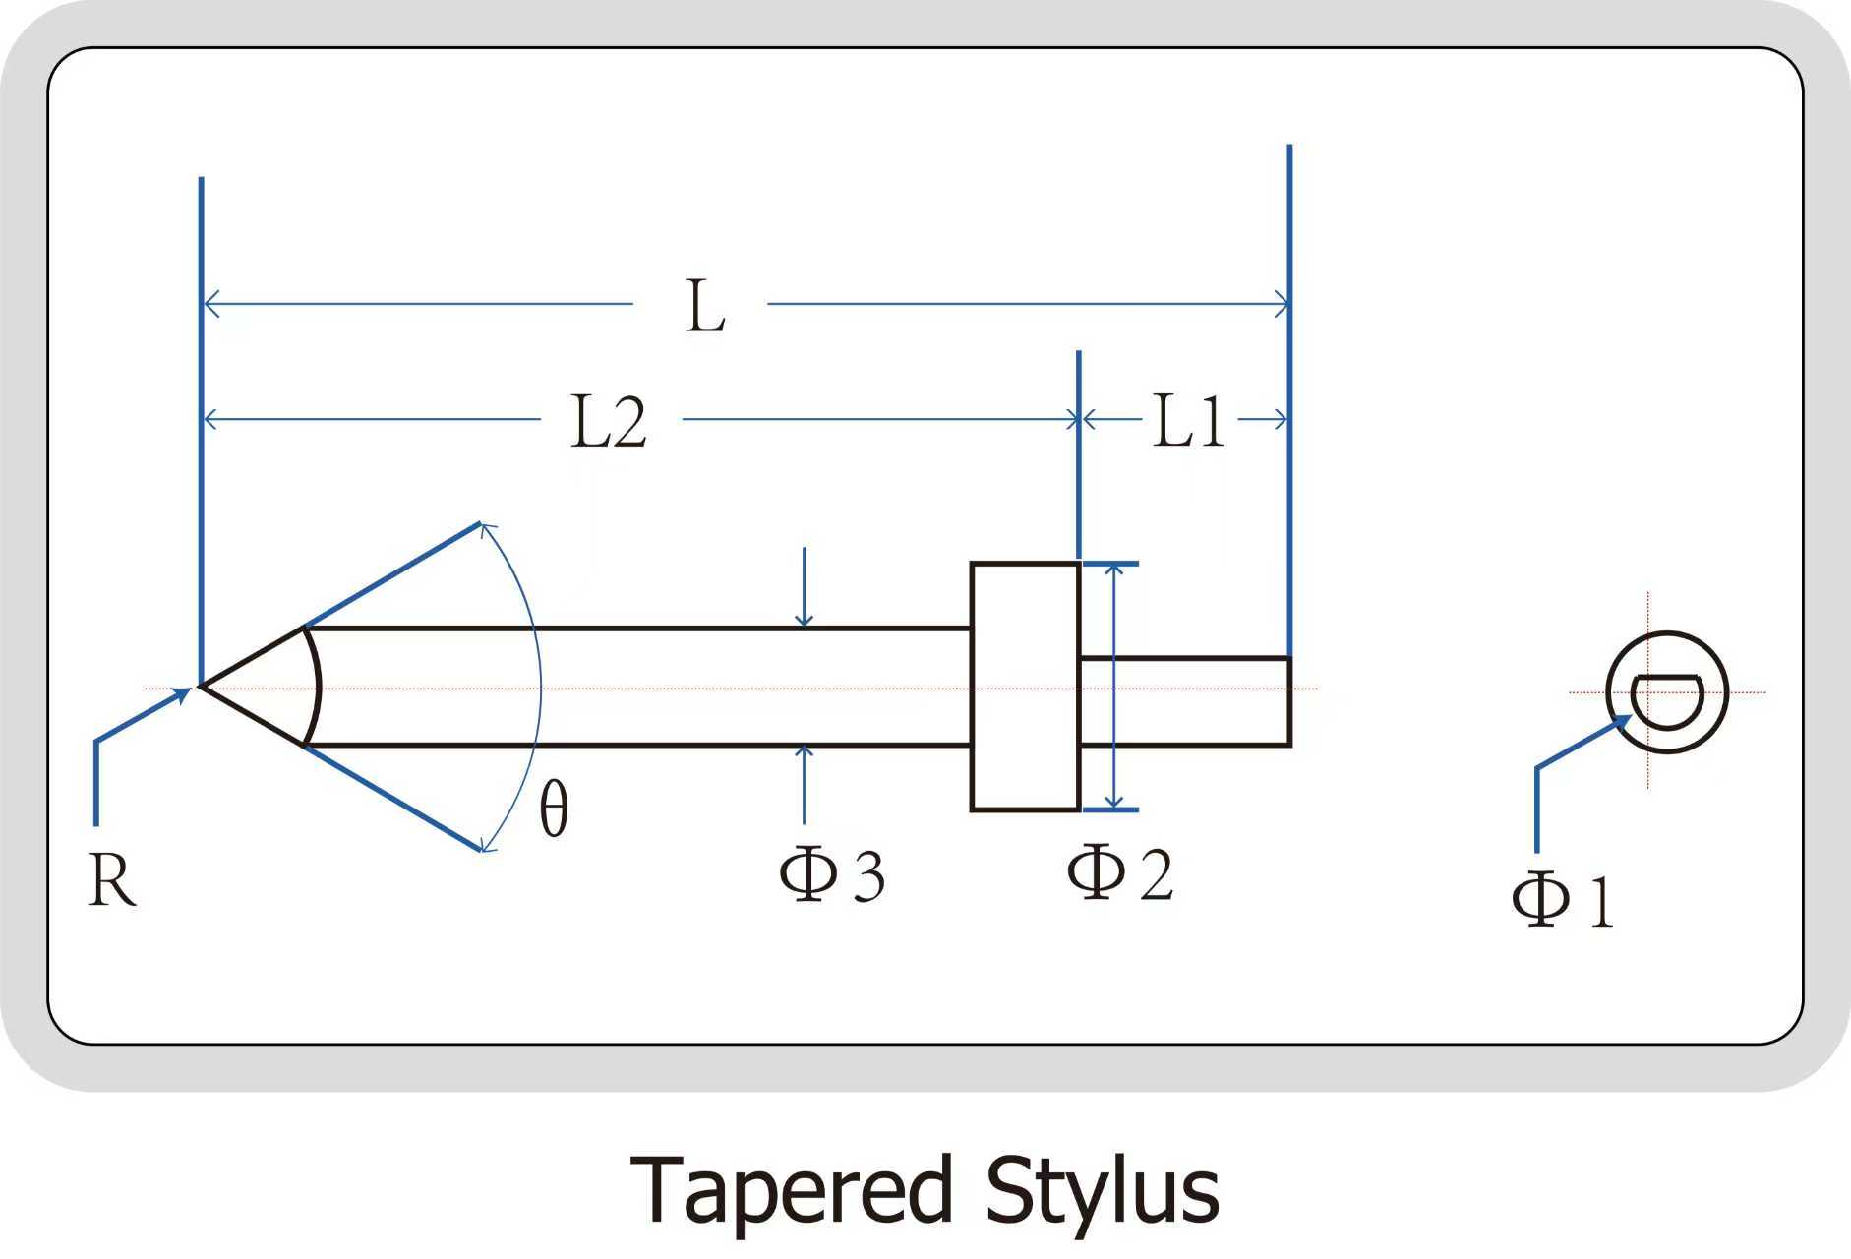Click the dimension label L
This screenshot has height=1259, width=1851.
pos(705,307)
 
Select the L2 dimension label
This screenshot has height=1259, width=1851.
pos(609,423)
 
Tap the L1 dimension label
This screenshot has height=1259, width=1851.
pos(1188,422)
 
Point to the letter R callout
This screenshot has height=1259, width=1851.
pos(111,879)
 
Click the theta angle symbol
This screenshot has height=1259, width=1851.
pos(554,809)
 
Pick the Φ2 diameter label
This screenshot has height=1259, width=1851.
pos(1120,872)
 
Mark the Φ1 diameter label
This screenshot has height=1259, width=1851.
pos(1563,899)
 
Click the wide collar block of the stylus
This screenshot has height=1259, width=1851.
pos(1025,687)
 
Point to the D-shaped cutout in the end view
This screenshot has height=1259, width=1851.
pos(1666,699)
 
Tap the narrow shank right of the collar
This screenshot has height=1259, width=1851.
pos(1185,701)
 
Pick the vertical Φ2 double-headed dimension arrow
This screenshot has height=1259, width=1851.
pos(1113,687)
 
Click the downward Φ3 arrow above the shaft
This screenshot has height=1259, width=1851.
pos(804,590)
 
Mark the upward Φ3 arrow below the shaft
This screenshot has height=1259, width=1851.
pos(804,782)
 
